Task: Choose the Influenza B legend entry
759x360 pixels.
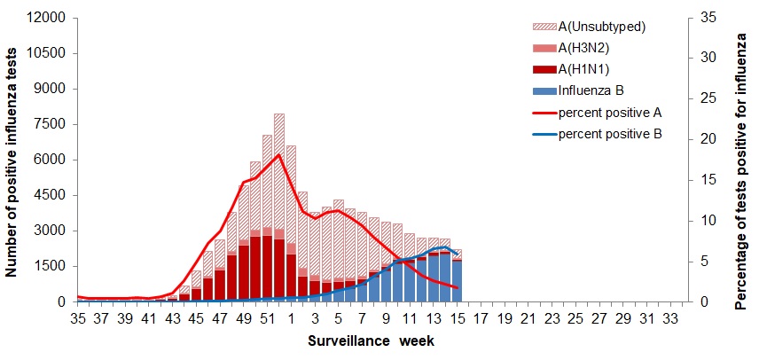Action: tap(592, 90)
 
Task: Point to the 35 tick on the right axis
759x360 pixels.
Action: tap(702, 18)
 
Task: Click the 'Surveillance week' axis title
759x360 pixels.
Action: tap(371, 340)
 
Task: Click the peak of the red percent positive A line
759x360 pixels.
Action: tap(279, 155)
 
